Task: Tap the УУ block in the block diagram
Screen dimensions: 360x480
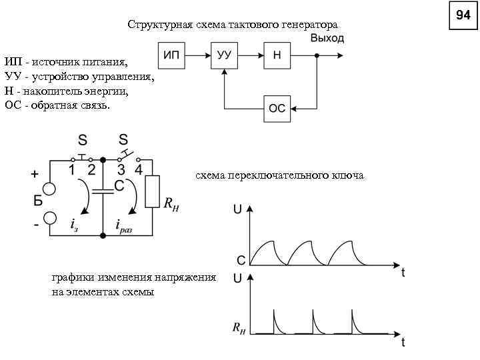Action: tap(225, 56)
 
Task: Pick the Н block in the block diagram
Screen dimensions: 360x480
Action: tap(277, 56)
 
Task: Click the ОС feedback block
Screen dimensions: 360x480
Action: tap(277, 108)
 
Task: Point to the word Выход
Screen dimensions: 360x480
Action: tap(327, 39)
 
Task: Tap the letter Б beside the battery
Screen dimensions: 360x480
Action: tap(38, 201)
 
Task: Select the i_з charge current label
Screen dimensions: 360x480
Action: tap(75, 225)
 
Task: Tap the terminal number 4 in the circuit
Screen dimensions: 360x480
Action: tap(138, 170)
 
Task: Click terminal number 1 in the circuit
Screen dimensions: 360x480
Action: tap(71, 170)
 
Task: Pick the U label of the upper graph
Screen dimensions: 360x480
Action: tap(237, 209)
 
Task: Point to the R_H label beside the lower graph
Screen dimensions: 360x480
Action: tap(239, 327)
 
